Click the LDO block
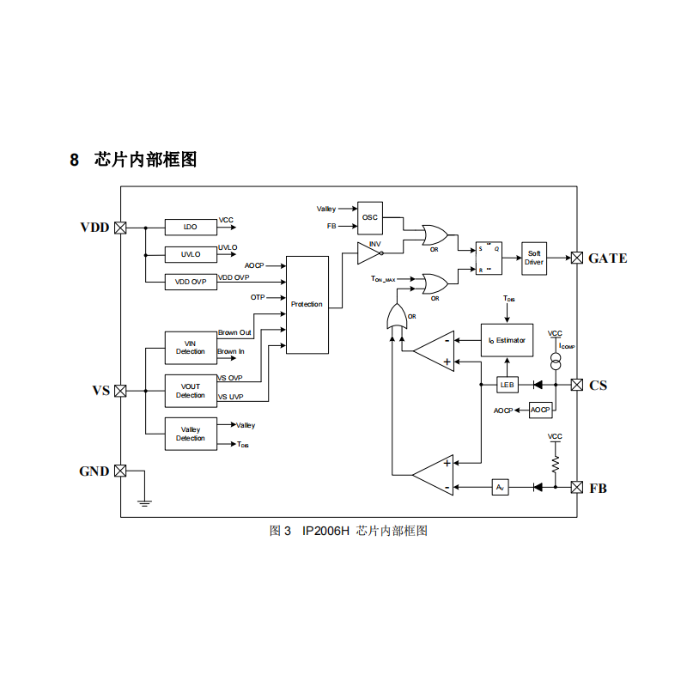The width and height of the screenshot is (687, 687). click(191, 228)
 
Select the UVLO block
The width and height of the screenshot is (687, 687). click(191, 254)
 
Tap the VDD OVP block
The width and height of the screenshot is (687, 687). click(191, 282)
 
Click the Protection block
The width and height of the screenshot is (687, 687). click(307, 305)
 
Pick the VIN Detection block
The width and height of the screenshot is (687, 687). click(191, 347)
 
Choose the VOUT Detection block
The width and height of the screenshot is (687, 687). click(191, 391)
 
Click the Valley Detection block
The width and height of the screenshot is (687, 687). click(191, 434)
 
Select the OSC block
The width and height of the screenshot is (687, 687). click(370, 218)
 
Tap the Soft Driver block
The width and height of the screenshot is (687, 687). click(534, 258)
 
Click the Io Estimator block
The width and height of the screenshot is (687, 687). click(507, 341)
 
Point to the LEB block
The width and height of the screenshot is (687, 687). click(508, 385)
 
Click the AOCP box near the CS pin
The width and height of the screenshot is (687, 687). click(540, 410)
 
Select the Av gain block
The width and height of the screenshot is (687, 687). click(501, 488)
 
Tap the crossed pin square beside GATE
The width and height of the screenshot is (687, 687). click(577, 258)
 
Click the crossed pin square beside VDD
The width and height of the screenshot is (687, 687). click(120, 228)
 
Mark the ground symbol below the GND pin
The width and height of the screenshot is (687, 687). click(144, 501)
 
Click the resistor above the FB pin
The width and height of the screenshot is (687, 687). click(555, 463)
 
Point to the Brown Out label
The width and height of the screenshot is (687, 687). click(234, 332)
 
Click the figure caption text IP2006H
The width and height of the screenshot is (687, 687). click(325, 531)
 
